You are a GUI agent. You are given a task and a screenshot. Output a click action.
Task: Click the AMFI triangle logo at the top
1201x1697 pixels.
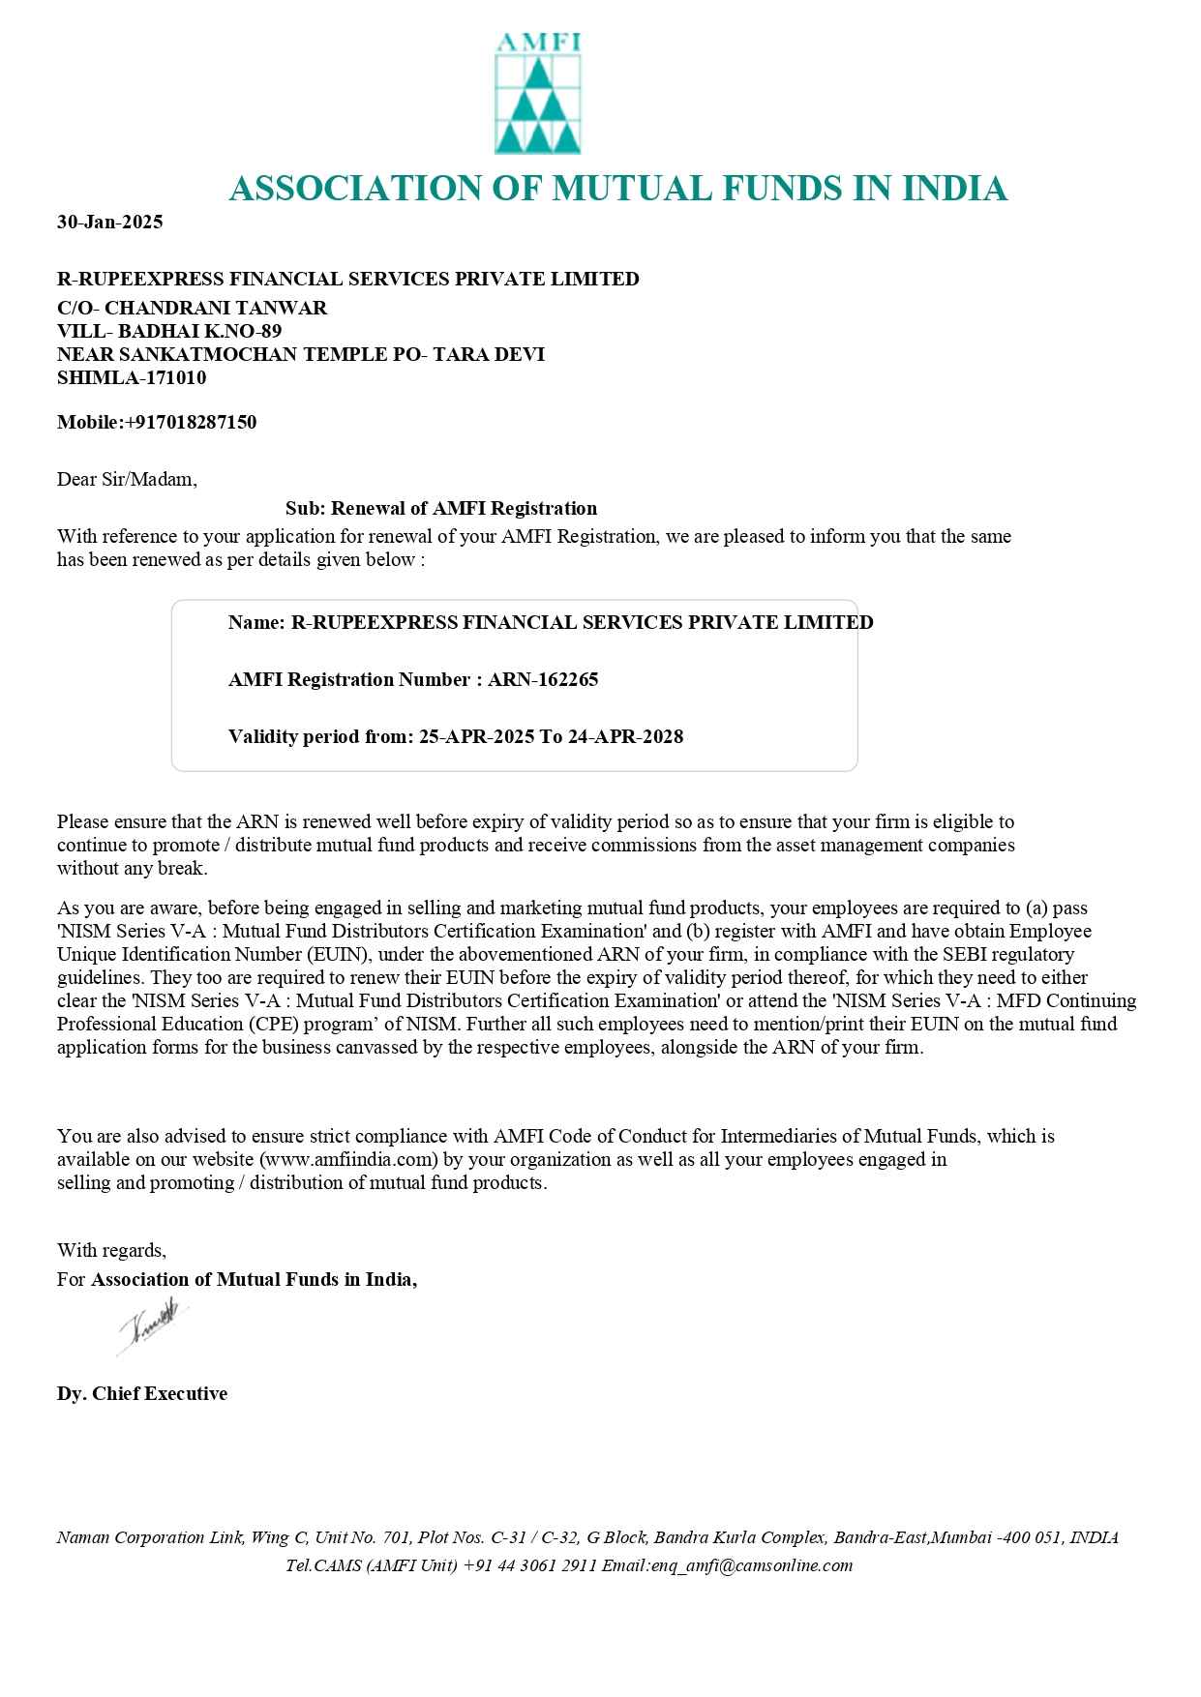click(x=537, y=95)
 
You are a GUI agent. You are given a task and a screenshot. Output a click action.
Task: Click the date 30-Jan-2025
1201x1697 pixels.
click(x=109, y=222)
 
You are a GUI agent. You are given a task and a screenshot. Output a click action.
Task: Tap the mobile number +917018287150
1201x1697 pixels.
click(x=191, y=422)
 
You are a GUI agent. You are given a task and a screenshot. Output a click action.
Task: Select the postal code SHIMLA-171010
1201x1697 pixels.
click(x=132, y=377)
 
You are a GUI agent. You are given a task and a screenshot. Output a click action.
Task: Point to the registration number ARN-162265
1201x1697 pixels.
click(x=543, y=679)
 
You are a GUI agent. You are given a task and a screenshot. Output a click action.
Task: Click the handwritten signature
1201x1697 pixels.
click(x=152, y=1325)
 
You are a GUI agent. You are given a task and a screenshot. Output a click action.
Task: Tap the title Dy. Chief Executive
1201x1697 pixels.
click(x=142, y=1393)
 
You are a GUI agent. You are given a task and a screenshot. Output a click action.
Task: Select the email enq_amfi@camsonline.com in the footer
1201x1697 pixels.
click(x=751, y=1565)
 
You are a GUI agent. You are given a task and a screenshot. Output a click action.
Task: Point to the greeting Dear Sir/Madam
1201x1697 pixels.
click(x=127, y=479)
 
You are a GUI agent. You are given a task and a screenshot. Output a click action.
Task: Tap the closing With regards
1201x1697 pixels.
click(x=111, y=1250)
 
